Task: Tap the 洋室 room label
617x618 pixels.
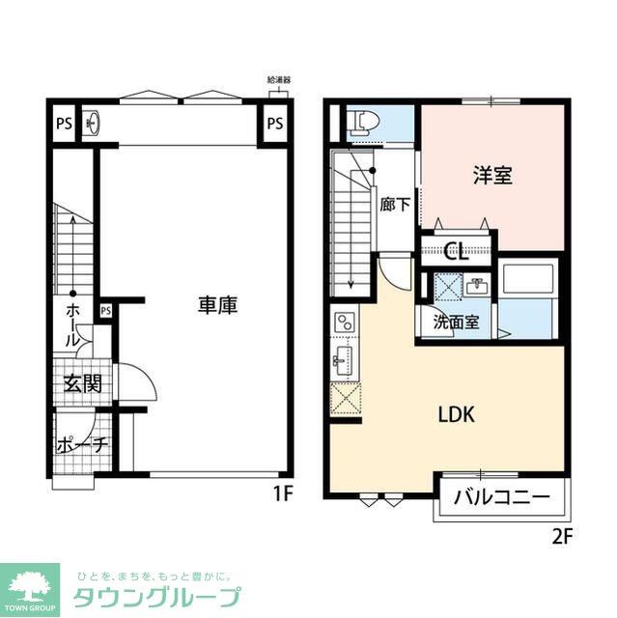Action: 491,176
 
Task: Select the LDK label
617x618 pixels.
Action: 455,414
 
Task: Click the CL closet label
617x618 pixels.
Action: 456,253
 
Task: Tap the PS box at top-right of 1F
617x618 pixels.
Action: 274,123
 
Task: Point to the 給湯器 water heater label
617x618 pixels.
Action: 278,81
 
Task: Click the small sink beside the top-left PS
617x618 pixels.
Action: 93,123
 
